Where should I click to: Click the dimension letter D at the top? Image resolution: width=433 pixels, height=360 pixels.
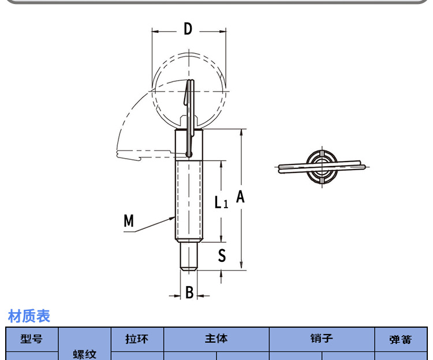tap(188, 29)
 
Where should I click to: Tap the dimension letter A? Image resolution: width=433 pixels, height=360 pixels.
tap(240, 197)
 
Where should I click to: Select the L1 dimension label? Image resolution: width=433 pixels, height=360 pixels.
tap(222, 202)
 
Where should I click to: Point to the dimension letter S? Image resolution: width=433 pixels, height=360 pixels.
tap(222, 255)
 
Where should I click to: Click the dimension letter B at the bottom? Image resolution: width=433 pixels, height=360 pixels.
tap(189, 292)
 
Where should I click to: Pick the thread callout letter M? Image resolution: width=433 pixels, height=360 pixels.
tap(129, 221)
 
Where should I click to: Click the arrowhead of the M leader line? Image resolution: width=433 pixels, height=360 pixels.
tap(172, 219)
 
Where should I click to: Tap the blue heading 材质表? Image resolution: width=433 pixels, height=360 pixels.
tap(29, 316)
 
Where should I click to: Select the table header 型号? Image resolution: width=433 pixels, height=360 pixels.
tap(32, 339)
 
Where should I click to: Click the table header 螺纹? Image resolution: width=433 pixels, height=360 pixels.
tap(85, 354)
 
